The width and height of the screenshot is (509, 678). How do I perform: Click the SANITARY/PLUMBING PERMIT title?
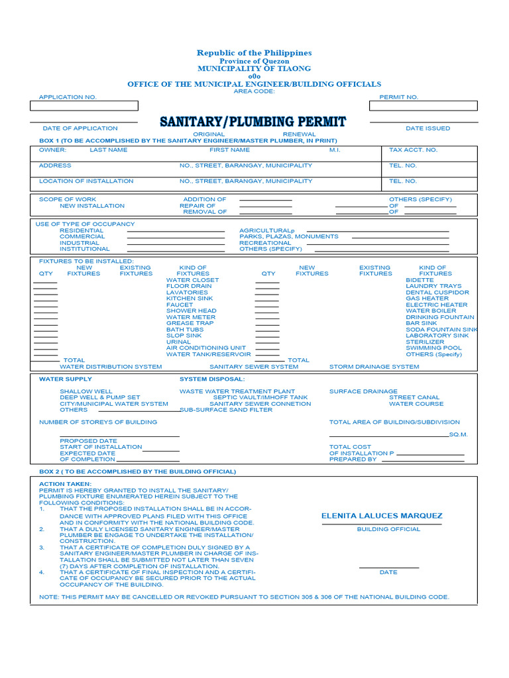click(x=253, y=122)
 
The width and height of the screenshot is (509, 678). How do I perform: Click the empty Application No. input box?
click(x=84, y=106)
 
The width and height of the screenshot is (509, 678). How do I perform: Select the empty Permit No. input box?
click(x=423, y=106)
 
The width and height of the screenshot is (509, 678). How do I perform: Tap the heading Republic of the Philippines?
click(x=254, y=53)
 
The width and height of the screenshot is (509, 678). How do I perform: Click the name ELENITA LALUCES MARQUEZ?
click(x=382, y=516)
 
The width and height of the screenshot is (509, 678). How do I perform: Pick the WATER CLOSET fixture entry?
click(x=192, y=280)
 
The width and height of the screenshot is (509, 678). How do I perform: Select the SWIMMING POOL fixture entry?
click(x=433, y=348)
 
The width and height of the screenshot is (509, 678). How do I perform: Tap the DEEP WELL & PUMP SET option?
click(x=100, y=397)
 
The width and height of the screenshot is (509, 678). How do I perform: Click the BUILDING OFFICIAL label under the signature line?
click(x=388, y=529)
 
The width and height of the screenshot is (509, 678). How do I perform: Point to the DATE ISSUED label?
click(x=427, y=128)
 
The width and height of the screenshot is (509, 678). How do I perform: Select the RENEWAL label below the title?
click(x=300, y=134)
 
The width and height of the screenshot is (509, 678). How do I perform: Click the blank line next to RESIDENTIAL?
click(x=176, y=231)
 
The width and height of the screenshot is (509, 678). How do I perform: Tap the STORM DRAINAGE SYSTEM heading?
click(x=374, y=367)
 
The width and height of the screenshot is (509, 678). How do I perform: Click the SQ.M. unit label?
click(x=459, y=434)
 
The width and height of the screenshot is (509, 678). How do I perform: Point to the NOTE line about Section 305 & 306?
click(x=244, y=597)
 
